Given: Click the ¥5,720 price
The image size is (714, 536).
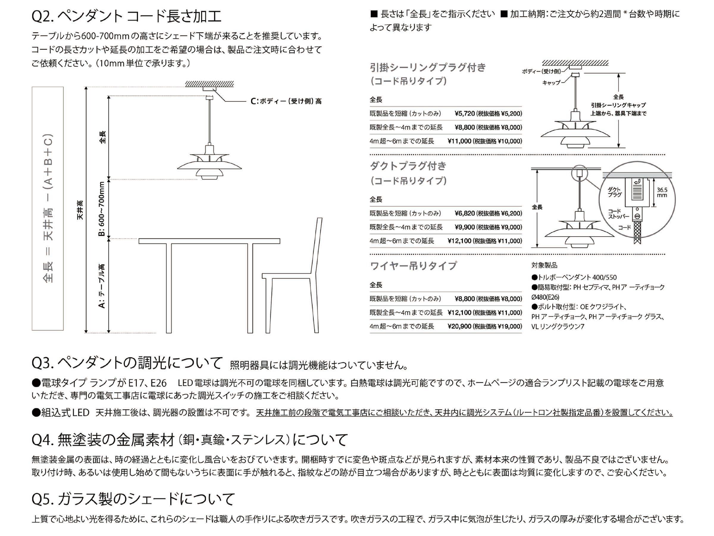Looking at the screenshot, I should (x=464, y=114).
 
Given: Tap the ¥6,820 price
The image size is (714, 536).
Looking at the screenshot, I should (x=464, y=213).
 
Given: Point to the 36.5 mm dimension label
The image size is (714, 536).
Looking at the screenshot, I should (x=662, y=193).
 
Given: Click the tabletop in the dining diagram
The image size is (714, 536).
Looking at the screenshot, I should (x=209, y=241).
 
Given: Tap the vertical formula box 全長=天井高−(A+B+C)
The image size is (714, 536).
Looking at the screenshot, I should (x=48, y=208).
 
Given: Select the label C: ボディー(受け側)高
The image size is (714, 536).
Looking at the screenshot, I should (x=286, y=101).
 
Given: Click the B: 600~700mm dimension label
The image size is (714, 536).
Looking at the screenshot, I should (x=102, y=209).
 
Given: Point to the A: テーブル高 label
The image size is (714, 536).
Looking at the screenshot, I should (x=102, y=286).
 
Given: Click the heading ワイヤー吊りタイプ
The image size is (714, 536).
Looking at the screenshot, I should (x=413, y=266).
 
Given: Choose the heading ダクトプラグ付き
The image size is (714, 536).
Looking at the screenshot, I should (x=408, y=166).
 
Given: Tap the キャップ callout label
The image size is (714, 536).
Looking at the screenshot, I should (x=551, y=83).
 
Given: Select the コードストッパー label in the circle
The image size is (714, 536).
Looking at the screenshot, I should (x=618, y=214).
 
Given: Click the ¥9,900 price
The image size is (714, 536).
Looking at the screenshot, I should (x=464, y=227).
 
